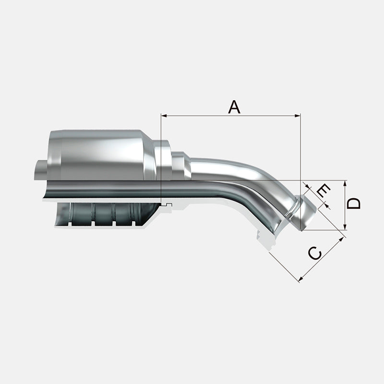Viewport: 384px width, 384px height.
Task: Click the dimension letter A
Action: point(234,107)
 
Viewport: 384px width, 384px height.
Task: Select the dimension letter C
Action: point(315,253)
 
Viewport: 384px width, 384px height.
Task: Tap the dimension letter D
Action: point(354,204)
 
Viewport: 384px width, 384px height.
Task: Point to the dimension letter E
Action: point(323,192)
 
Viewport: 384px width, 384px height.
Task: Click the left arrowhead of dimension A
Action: point(164,116)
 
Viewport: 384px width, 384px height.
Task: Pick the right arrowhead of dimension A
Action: point(298,116)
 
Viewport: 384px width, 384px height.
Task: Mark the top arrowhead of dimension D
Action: point(345,183)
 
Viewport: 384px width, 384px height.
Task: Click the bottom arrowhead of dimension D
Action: point(345,227)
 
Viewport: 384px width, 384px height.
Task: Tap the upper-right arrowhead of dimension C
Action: point(341,240)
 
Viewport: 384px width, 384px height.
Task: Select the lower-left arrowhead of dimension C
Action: point(302,278)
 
